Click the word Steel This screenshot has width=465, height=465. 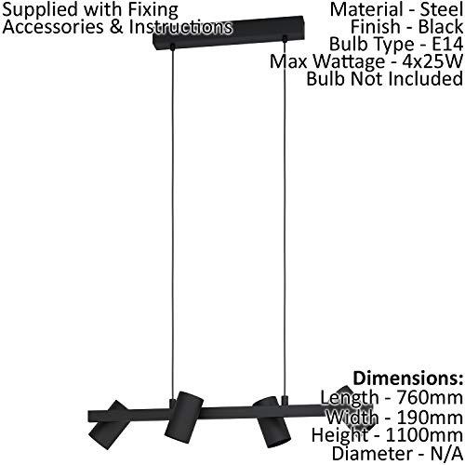point(442,9)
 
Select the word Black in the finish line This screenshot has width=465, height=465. point(441,27)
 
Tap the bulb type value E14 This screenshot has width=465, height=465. point(447,44)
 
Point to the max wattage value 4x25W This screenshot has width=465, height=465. point(432,61)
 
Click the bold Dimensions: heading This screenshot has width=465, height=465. point(408,379)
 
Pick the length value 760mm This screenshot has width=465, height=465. point(430,397)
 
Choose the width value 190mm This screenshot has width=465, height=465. point(430,417)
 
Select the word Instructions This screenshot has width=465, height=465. point(180,26)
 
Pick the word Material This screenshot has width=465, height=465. point(365,9)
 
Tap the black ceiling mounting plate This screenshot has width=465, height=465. point(229,33)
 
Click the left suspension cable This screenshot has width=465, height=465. point(173,223)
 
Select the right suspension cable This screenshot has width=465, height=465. point(285,217)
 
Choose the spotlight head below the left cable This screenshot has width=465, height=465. point(184,416)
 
